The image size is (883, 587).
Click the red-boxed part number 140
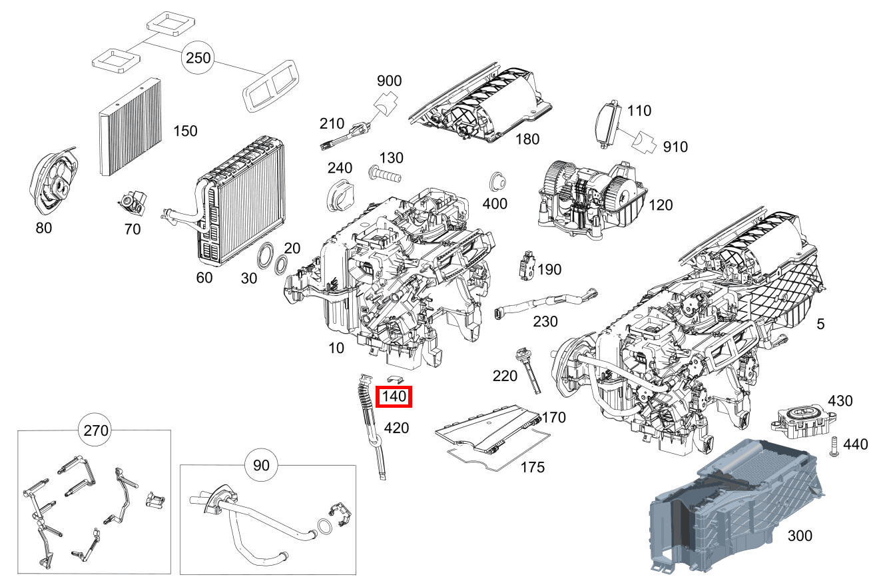[394, 397]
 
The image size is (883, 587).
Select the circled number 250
[198, 58]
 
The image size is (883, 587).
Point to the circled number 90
[262, 464]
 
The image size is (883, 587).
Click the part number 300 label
[800, 535]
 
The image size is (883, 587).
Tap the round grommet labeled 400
[496, 181]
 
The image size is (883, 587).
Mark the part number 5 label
[820, 324]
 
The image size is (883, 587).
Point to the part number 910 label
[675, 147]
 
